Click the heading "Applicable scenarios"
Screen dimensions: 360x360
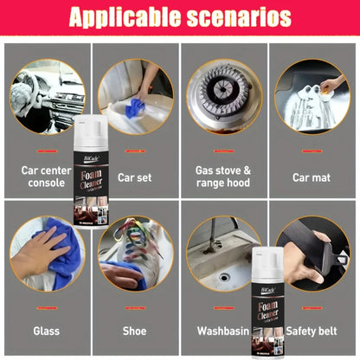click(x=179, y=17)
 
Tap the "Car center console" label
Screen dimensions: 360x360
click(x=46, y=177)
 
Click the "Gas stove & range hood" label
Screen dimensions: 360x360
click(x=222, y=177)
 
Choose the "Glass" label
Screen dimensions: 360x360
click(x=46, y=331)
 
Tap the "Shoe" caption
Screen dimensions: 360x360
click(x=133, y=331)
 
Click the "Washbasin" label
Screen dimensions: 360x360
click(x=222, y=331)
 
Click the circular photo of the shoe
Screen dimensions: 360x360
click(x=133, y=253)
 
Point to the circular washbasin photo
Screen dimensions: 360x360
click(x=222, y=253)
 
